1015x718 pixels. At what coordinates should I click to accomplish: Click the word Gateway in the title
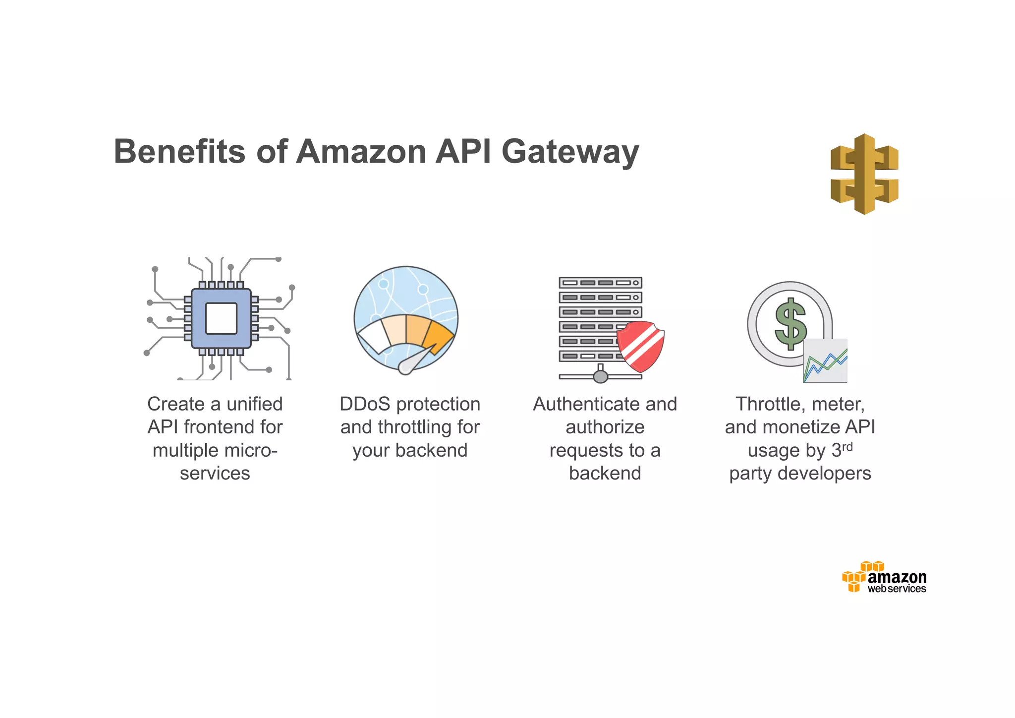pyautogui.click(x=570, y=152)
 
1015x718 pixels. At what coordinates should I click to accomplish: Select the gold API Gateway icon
pyautogui.click(x=864, y=174)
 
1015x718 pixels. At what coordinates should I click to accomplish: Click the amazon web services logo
pyautogui.click(x=885, y=578)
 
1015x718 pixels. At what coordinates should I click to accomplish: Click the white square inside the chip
pyautogui.click(x=221, y=318)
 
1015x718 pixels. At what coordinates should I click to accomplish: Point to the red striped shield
pyautogui.click(x=641, y=346)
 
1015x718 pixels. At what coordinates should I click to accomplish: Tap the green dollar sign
pyautogui.click(x=790, y=323)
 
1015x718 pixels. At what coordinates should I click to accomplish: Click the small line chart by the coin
pyautogui.click(x=825, y=361)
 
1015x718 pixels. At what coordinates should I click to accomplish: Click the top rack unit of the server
pyautogui.click(x=600, y=283)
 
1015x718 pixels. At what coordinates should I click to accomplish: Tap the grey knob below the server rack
pyautogui.click(x=601, y=377)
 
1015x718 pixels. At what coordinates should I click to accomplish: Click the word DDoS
pyautogui.click(x=365, y=404)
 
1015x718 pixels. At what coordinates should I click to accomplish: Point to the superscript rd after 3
pyautogui.click(x=847, y=447)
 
